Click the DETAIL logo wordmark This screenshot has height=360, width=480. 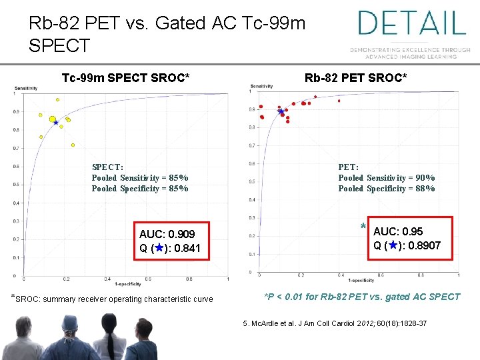pyautogui.click(x=411, y=23)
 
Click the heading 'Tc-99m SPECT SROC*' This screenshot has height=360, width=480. pyautogui.click(x=126, y=79)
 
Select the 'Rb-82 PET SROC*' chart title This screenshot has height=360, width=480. pyautogui.click(x=355, y=79)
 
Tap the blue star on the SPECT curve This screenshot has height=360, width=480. pyautogui.click(x=57, y=122)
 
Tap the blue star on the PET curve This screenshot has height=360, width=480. pyautogui.click(x=281, y=111)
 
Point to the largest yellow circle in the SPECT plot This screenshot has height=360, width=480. pyautogui.click(x=53, y=119)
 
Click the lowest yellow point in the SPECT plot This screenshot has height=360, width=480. pyautogui.click(x=73, y=145)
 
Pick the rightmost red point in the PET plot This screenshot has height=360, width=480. pyautogui.click(x=339, y=101)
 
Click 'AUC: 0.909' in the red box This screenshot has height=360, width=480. pyautogui.click(x=167, y=235)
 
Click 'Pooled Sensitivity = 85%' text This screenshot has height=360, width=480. pyautogui.click(x=140, y=178)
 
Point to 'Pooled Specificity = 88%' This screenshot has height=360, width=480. pyautogui.click(x=387, y=189)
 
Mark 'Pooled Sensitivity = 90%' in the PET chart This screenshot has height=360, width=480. pyautogui.click(x=387, y=178)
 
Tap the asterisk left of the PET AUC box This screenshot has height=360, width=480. pyautogui.click(x=363, y=225)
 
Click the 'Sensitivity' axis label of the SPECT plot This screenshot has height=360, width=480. pyautogui.click(x=25, y=89)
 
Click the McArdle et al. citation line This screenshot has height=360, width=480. pyautogui.click(x=335, y=323)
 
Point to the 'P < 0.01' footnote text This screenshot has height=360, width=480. pyautogui.click(x=362, y=297)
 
